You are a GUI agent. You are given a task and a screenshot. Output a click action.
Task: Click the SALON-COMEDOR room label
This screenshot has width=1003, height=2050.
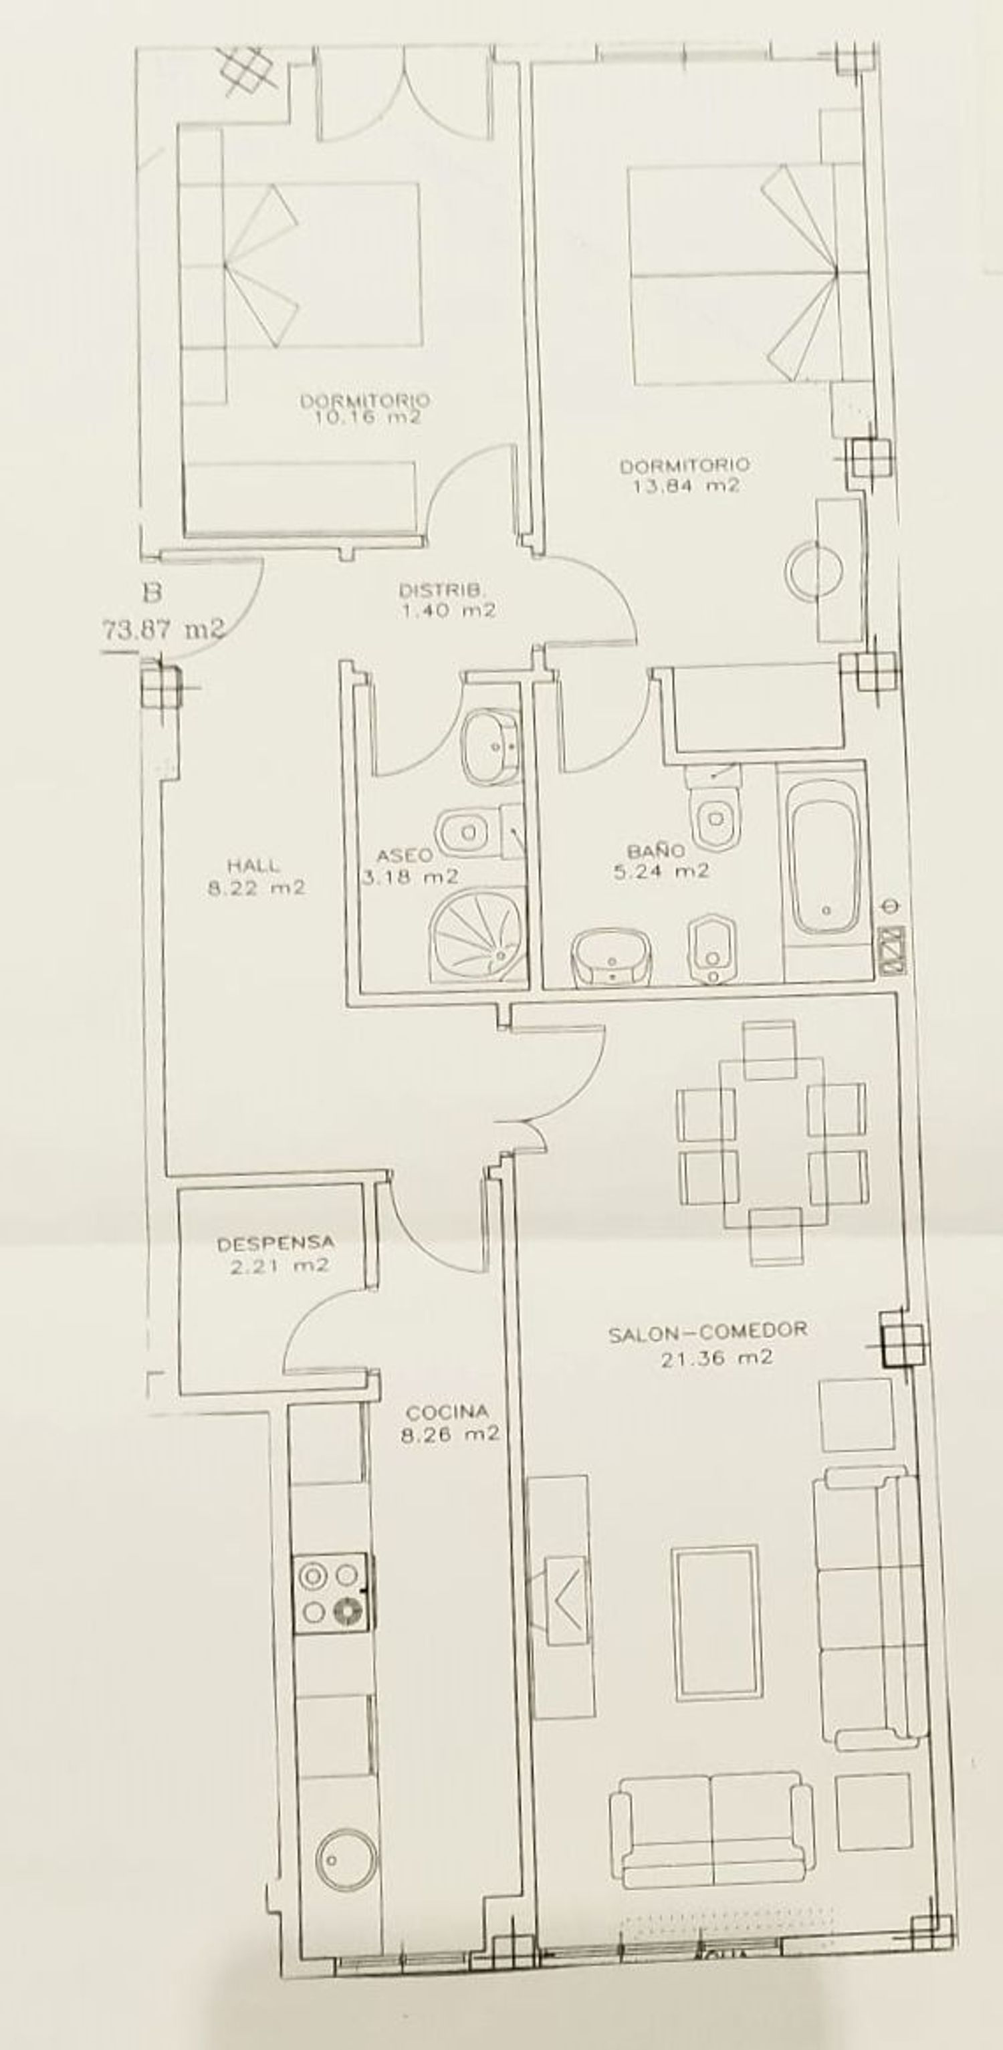click(707, 1330)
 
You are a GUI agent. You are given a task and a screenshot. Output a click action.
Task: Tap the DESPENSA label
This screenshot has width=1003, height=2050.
click(275, 1243)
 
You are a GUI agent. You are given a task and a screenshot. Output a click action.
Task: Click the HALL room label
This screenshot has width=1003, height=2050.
click(254, 865)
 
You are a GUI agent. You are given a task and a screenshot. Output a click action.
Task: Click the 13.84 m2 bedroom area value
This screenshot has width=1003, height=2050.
click(686, 485)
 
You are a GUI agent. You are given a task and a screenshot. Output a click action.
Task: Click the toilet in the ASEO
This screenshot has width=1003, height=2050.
click(472, 832)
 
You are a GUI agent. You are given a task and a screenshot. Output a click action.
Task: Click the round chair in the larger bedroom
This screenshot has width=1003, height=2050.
click(814, 570)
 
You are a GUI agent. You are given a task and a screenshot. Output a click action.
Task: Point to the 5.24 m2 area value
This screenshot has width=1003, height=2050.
click(661, 871)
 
